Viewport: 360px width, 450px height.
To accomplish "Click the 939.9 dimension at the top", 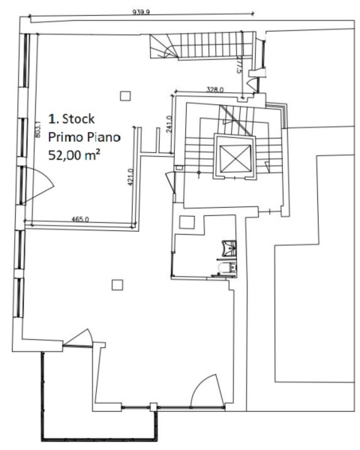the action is point(141,12).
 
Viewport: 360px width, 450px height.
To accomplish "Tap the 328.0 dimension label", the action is point(215,89).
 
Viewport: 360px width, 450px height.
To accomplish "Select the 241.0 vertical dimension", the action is point(169,124).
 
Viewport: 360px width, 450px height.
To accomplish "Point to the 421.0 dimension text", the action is point(131,177).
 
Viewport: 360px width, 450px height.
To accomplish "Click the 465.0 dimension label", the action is point(80,220).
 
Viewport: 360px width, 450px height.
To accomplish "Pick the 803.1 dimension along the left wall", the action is point(38,129).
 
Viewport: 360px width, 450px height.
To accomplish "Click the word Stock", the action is point(78,118).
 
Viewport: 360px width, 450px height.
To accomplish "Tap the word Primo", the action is point(66,137).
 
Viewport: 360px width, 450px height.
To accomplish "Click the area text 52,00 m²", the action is point(74,155).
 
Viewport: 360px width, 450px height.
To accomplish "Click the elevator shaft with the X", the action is point(235,158).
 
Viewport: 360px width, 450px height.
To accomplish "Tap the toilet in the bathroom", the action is point(227,268).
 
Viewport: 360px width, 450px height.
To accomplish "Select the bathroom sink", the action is point(229,247).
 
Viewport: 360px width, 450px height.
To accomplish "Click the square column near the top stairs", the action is point(125,96).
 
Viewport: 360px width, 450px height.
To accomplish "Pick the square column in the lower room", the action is point(117,285).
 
